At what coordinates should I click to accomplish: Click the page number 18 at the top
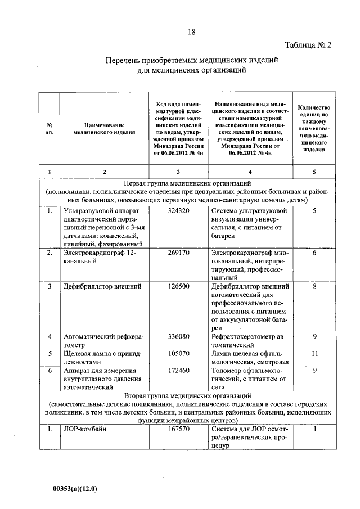(192, 33)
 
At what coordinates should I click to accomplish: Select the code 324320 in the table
(178, 211)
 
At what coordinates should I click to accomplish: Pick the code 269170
(178, 254)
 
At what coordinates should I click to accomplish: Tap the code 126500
(178, 287)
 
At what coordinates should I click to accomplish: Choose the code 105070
(178, 354)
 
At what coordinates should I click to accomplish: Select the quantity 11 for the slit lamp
(315, 354)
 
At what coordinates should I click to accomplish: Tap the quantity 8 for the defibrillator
(315, 287)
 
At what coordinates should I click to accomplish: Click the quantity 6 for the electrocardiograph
(315, 254)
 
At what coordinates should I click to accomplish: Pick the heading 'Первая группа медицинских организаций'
(187, 184)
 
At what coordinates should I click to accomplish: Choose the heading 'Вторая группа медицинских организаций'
(187, 396)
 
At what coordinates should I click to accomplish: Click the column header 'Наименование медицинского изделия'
(104, 128)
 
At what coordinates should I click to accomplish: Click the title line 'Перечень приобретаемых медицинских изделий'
(192, 60)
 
